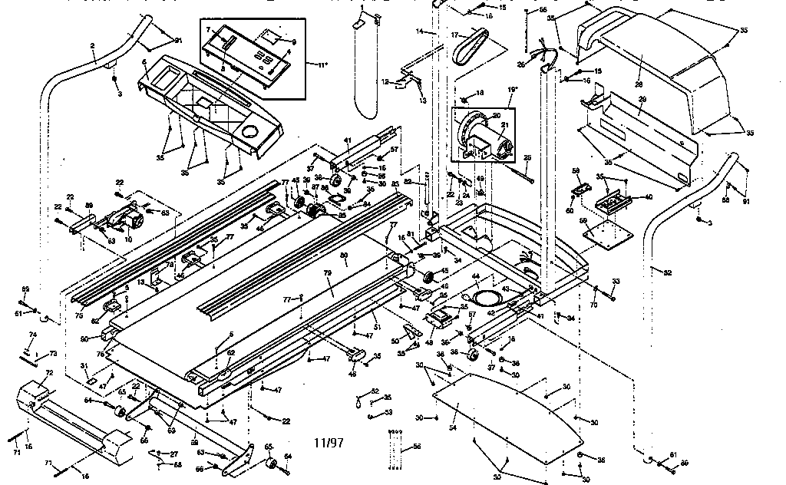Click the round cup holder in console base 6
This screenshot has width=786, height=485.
249,132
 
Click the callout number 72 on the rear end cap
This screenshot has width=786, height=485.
49,373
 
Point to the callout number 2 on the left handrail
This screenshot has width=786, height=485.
92,46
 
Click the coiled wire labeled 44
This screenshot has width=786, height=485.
484,293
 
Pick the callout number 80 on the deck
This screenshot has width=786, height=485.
345,254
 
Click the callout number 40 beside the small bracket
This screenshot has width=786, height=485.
649,197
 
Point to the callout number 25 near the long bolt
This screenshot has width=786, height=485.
527,158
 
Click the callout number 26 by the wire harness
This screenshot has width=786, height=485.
520,64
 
